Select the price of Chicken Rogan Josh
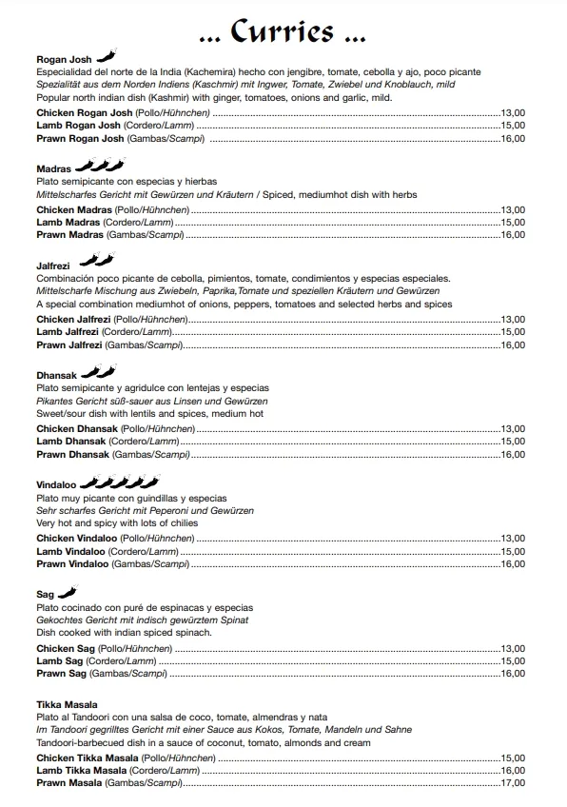pos(513,112)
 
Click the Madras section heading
pos(54,168)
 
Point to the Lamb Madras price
pos(513,222)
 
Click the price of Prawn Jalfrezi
pos(513,345)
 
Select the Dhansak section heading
pos(56,375)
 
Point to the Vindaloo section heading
pos(56,484)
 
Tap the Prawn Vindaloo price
pos(513,564)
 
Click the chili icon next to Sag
pos(67,593)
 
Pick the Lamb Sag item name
pos(60,660)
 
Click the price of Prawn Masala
pos(513,783)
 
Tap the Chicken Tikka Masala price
pos(513,758)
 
